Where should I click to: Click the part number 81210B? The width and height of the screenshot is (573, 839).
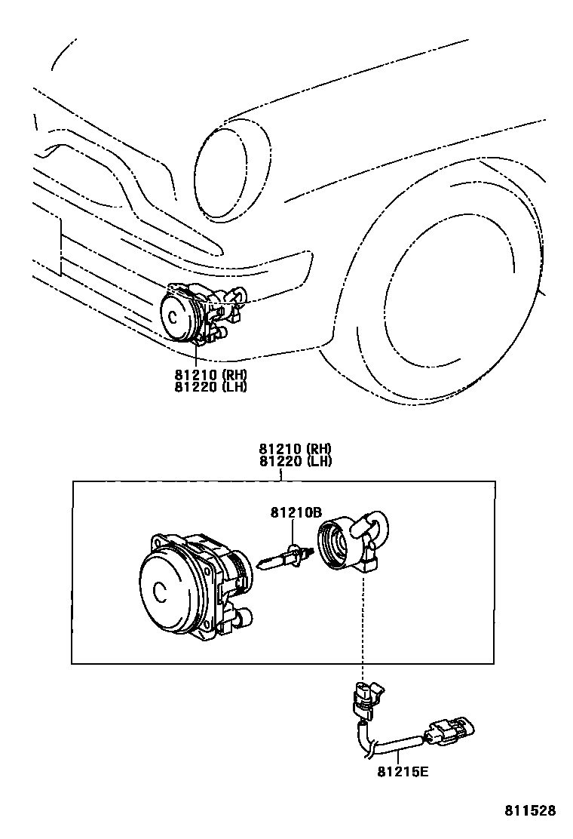click(x=296, y=514)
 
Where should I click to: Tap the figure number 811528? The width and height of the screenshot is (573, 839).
click(x=530, y=811)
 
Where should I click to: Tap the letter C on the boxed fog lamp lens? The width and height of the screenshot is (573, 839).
click(x=159, y=591)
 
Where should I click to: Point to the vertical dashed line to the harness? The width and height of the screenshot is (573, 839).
click(x=364, y=626)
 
